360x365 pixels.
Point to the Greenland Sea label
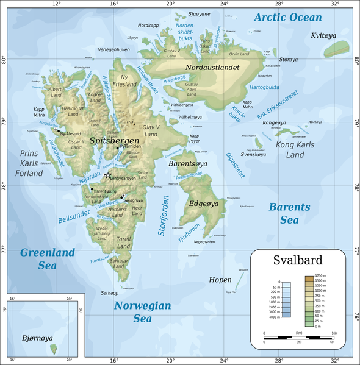[x=47, y=258]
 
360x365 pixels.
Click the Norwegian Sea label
[x=142, y=311]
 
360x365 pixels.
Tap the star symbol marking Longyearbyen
[x=108, y=175]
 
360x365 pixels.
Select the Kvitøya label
[x=324, y=36]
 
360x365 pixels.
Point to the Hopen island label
[x=220, y=280]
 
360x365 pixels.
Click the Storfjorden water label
[x=163, y=216]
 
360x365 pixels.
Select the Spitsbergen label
[x=110, y=140]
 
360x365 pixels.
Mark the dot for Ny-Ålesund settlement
[x=58, y=130]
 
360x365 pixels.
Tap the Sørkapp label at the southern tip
[x=110, y=293]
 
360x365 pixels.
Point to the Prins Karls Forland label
[x=23, y=163]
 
